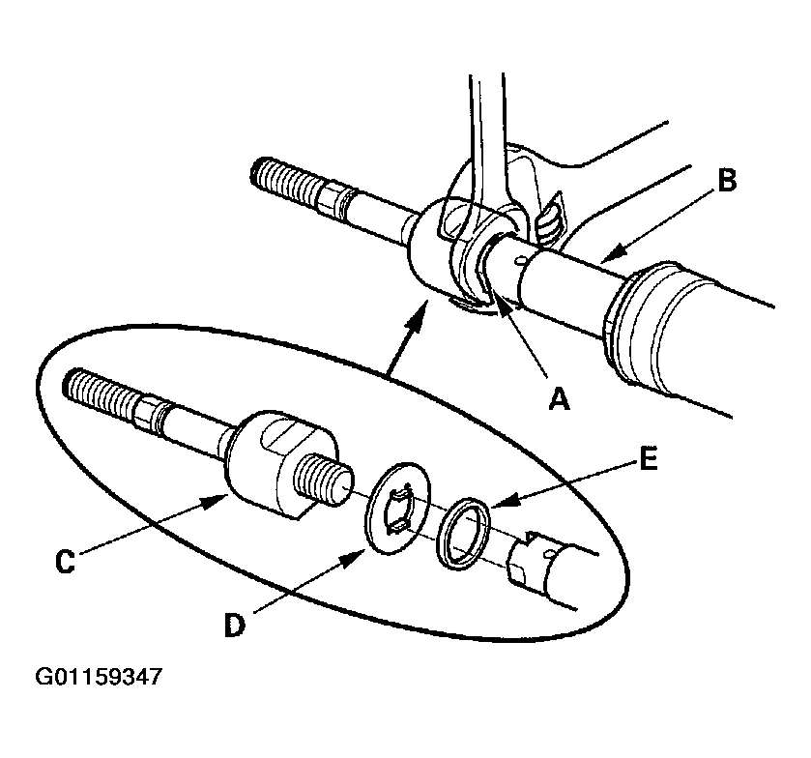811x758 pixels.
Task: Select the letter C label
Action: pyautogui.click(x=64, y=563)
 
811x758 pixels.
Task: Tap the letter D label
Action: pyautogui.click(x=235, y=625)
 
